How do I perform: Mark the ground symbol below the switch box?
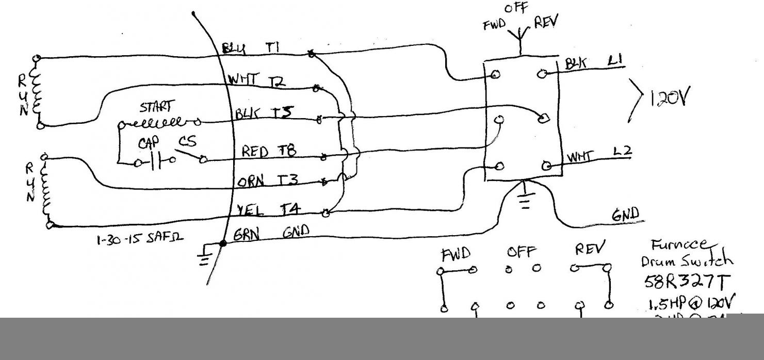pyautogui.click(x=525, y=199)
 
